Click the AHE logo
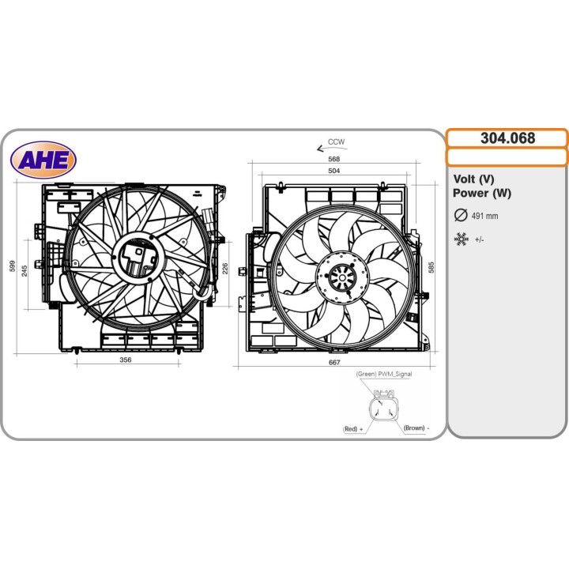(43, 160)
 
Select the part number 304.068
(507, 138)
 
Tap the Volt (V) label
(474, 179)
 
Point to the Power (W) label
(482, 194)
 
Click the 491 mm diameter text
(485, 216)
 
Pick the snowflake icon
(461, 239)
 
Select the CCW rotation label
(336, 142)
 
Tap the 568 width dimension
(333, 159)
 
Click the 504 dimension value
(333, 171)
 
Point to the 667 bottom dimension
(333, 363)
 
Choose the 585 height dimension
(431, 268)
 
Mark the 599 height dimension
(12, 267)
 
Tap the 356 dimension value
(126, 360)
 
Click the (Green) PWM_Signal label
(383, 375)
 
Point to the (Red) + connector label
(353, 428)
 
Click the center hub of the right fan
(342, 277)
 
